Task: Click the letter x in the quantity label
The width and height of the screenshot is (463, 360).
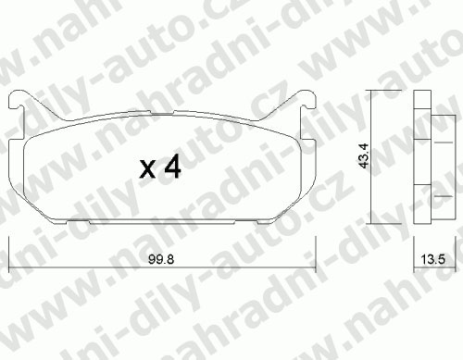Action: (147, 170)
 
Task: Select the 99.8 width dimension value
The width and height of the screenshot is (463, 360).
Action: (161, 259)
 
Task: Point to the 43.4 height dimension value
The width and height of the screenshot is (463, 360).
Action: (364, 155)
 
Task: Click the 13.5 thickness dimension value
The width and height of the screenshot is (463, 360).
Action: (432, 259)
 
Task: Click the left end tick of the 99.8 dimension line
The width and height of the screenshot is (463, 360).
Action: (9, 254)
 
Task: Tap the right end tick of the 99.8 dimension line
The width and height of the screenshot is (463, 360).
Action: (315, 254)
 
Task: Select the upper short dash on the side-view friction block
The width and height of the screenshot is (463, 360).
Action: (444, 143)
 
